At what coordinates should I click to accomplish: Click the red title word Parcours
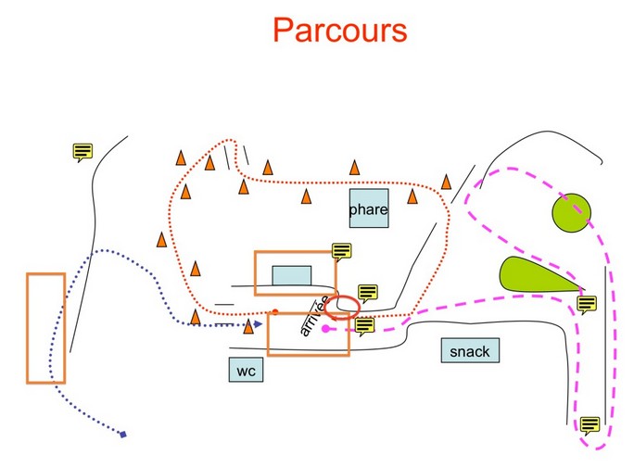[x=339, y=30]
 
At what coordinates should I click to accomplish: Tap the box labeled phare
[x=368, y=209]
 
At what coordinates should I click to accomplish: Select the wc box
[x=246, y=370]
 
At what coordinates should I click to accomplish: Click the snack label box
[x=469, y=351]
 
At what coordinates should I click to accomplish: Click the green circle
[x=571, y=212]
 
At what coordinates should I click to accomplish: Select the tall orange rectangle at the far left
[x=45, y=328]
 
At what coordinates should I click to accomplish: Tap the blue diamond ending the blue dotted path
[x=123, y=434]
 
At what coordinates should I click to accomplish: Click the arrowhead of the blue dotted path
[x=259, y=324]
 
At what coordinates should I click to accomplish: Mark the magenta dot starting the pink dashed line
[x=325, y=328]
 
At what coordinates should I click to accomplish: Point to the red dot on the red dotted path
[x=276, y=311]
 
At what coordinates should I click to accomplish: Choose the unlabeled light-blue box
[x=291, y=275]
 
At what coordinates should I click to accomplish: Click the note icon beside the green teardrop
[x=586, y=304]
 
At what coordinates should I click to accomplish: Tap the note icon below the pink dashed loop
[x=589, y=426]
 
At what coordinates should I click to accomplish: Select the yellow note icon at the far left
[x=82, y=151]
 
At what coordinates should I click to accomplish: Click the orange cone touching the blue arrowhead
[x=248, y=326]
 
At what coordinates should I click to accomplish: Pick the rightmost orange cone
[x=446, y=182]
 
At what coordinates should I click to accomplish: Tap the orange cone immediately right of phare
[x=412, y=196]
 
